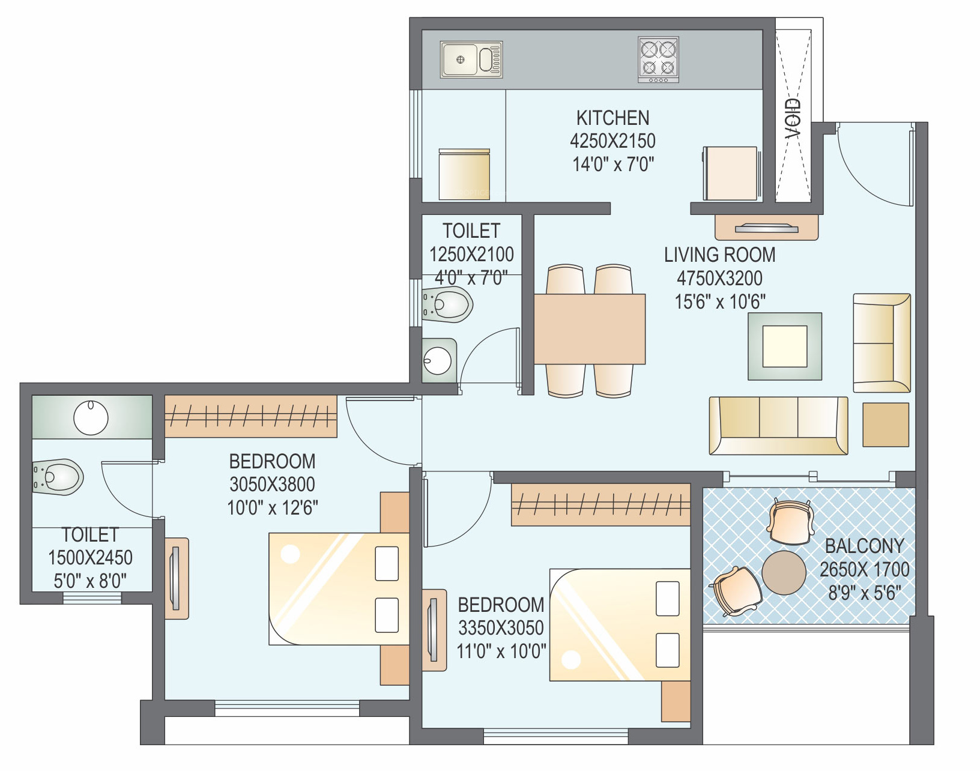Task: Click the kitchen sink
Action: (x=471, y=59)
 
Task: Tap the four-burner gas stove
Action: (x=659, y=59)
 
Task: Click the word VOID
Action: (x=793, y=118)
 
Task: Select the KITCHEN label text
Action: (x=612, y=118)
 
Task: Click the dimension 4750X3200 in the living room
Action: (x=719, y=278)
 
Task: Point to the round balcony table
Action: (x=784, y=572)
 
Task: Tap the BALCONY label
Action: (x=864, y=546)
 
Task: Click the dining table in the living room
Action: (x=590, y=329)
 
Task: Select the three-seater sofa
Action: (x=778, y=425)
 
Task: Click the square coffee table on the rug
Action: (x=785, y=346)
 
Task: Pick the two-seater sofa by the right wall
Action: (x=882, y=343)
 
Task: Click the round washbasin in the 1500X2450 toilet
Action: (x=91, y=417)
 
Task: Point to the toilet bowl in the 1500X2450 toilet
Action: (x=58, y=477)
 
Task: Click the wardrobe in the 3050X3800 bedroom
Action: (x=250, y=416)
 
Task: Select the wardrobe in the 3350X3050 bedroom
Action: (x=600, y=504)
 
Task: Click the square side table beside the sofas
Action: (x=886, y=425)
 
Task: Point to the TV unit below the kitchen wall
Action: (x=766, y=227)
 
